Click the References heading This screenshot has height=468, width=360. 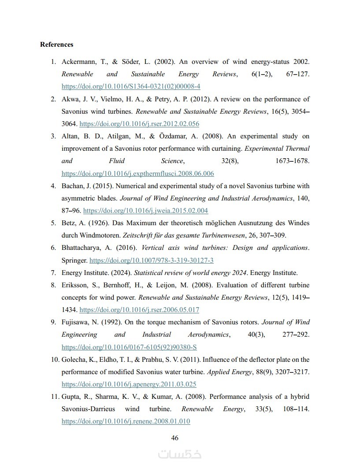coord(56,45)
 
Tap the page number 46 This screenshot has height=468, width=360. coord(174,438)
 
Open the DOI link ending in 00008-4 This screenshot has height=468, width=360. coord(131,86)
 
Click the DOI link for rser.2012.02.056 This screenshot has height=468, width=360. coord(139,124)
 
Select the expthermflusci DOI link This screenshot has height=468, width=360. coord(137,174)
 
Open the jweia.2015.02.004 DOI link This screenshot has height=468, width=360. coord(145,211)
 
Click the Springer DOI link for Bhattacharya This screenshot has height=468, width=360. coord(152,260)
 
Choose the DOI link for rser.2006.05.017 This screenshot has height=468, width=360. coord(139,310)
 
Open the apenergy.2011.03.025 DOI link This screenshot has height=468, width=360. coord(129,384)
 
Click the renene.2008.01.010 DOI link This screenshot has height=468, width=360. coord(126,421)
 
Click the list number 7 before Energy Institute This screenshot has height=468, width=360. coord(53,273)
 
